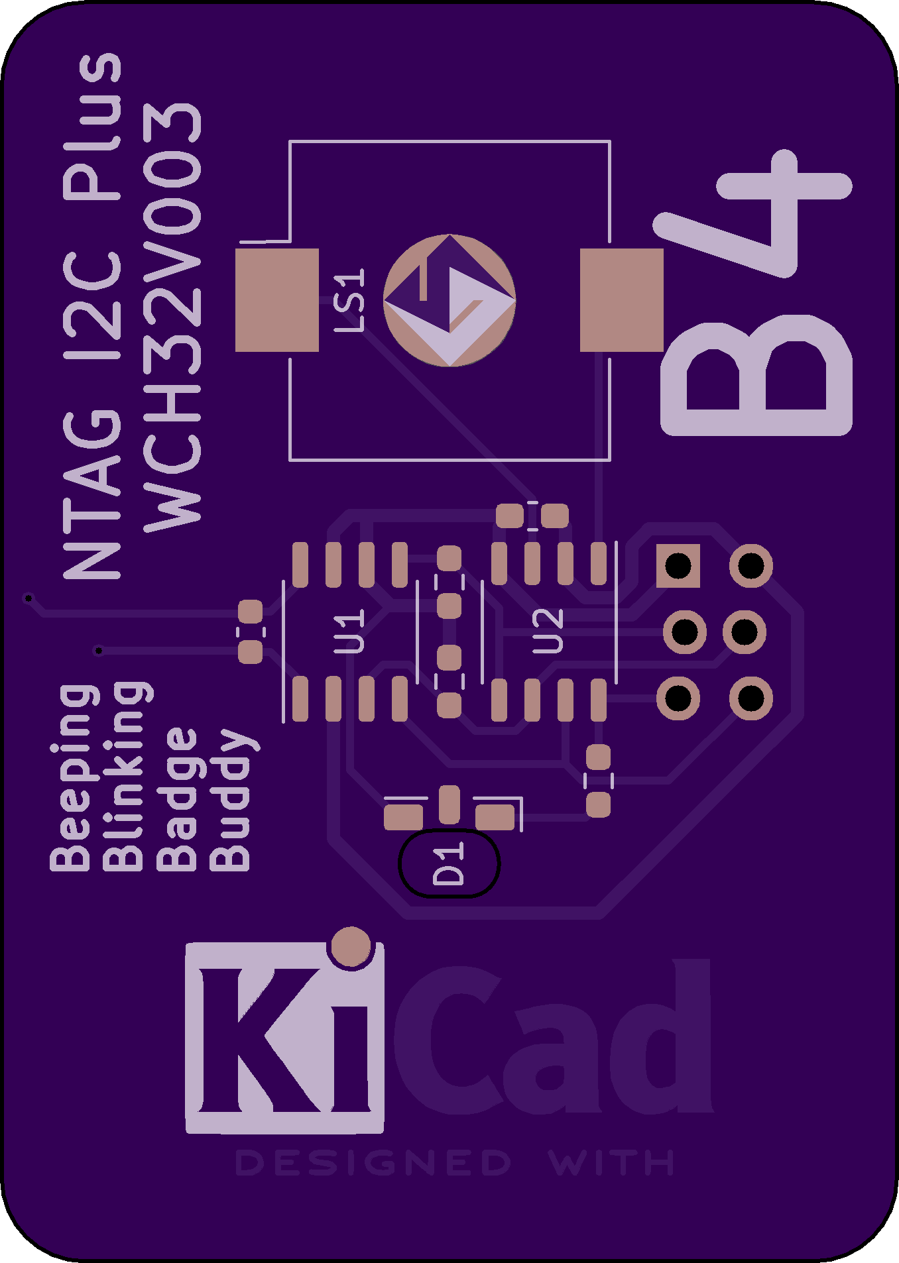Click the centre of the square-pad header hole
coord(678,566)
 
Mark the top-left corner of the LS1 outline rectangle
coord(290,142)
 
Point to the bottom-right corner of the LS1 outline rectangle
coord(609,459)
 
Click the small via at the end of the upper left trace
coord(29,598)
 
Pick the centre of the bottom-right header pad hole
coord(750,698)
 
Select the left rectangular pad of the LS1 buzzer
coord(277,300)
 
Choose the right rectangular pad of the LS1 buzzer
coord(622,300)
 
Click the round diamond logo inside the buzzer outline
coord(450,300)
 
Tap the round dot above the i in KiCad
coord(351,946)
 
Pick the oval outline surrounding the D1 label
coord(450,863)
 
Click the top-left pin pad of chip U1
coord(300,565)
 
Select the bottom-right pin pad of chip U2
coord(599,700)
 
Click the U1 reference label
coord(349,632)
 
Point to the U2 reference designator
coord(548,631)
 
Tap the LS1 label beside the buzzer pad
coord(349,300)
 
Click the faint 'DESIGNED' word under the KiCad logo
coord(373,1164)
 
